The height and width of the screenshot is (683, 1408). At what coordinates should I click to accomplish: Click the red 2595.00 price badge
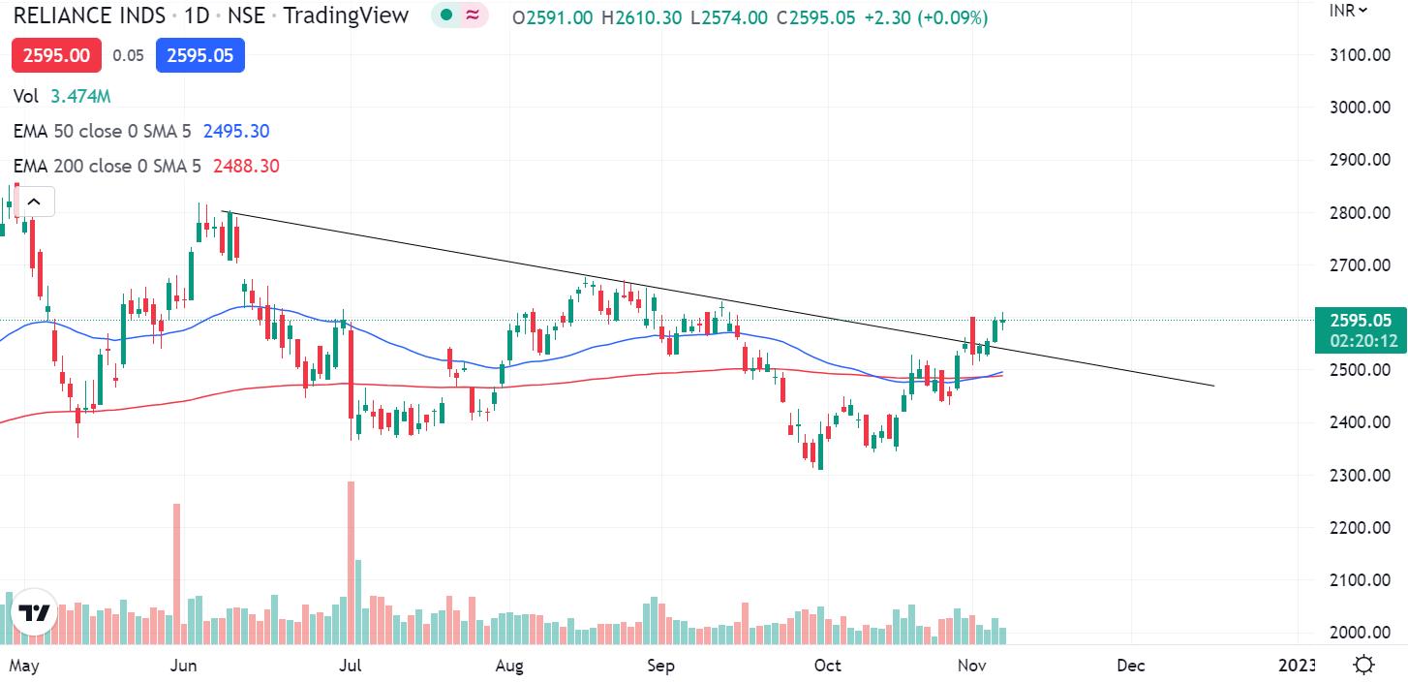click(56, 55)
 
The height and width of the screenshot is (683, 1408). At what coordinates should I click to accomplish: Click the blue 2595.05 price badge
click(200, 55)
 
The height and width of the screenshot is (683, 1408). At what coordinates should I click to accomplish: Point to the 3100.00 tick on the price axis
click(1360, 54)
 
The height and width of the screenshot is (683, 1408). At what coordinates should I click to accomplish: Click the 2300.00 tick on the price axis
click(1360, 475)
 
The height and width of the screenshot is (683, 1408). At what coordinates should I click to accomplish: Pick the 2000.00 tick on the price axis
click(1360, 632)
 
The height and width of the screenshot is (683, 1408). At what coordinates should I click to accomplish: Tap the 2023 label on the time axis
click(1297, 666)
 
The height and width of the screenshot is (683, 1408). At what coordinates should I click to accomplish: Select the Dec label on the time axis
click(1130, 666)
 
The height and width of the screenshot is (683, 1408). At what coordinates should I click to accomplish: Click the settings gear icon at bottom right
click(1363, 666)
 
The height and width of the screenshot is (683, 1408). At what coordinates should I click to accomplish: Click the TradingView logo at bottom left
click(34, 613)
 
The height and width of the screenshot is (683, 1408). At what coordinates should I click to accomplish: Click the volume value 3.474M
click(80, 96)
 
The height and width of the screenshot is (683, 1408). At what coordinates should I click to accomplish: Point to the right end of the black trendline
click(1212, 386)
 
